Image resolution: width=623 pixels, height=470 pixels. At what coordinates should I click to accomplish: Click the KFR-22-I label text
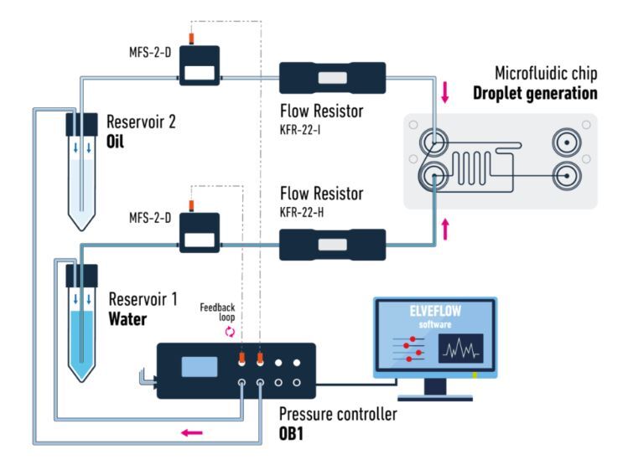pos(300,130)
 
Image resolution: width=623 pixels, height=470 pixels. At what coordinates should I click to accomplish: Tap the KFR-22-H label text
pos(302,212)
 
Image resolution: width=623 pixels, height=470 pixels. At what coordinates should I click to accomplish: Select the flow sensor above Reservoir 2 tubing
pos(200,65)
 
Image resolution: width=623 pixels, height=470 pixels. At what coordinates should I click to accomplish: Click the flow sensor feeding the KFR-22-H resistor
pos(200,233)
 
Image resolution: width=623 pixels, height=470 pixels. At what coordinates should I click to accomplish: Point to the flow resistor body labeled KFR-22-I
pos(333,78)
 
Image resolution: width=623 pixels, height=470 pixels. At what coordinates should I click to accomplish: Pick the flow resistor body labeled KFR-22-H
pos(333,245)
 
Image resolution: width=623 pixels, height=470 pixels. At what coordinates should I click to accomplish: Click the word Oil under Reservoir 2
pos(115,142)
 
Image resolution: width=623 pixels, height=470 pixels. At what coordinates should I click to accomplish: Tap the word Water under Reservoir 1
pos(127,319)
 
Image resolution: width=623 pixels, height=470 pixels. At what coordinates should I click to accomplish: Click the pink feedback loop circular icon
pos(230,332)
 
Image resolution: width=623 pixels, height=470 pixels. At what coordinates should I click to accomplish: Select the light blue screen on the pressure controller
pos(200,367)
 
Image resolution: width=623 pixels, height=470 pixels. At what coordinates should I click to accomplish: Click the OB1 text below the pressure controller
pos(291,433)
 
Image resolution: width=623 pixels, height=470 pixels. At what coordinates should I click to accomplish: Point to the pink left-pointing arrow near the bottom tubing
pos(192,432)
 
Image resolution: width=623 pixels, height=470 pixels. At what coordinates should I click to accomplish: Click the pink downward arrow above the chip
pos(445,92)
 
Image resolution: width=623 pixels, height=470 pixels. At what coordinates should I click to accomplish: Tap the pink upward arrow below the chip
pos(445,229)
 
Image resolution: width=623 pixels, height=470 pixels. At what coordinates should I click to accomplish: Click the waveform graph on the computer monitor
pos(461,349)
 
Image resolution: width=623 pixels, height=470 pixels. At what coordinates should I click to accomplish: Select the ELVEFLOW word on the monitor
pos(435,311)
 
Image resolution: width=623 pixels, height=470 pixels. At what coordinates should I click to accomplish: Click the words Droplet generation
pos(535,93)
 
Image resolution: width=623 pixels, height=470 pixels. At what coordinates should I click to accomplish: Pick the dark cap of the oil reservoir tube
pos(82,125)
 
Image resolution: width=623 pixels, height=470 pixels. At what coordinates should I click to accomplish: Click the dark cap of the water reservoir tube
pos(82,276)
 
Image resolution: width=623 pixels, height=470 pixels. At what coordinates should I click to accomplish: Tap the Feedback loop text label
pos(218,312)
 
